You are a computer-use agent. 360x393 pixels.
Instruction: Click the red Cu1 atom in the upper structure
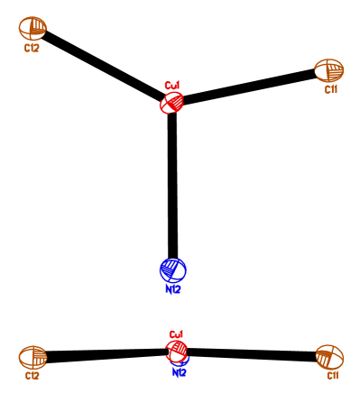coord(171,103)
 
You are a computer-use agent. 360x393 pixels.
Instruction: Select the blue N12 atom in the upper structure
coord(173,270)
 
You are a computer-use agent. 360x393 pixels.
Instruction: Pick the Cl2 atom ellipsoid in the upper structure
coord(33,28)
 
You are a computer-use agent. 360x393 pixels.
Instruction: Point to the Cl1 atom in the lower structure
coord(329,356)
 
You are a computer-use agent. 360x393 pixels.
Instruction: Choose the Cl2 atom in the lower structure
coord(33,357)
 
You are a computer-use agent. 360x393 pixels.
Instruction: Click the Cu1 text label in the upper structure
coord(172,87)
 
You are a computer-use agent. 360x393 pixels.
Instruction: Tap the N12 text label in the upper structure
coord(173,290)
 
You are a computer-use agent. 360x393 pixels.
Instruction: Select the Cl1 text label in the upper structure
coord(331,89)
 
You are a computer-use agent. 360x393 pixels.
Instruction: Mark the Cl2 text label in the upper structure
coord(32,47)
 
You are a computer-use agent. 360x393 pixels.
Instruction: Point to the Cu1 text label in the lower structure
coord(177,334)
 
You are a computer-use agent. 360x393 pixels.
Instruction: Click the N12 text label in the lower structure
coord(179,372)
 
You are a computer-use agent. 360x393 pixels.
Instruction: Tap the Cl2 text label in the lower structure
coord(34,376)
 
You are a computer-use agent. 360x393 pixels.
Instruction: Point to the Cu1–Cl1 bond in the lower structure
coord(253,353)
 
